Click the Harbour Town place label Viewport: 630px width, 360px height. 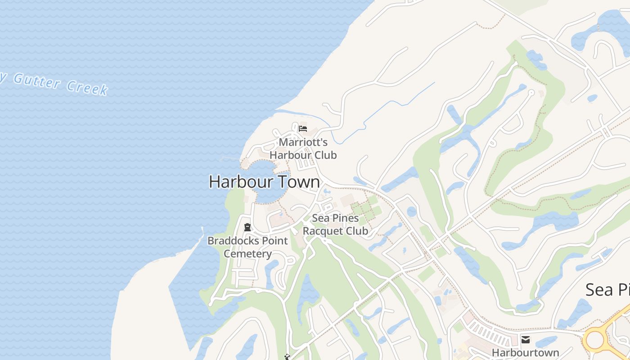pyautogui.click(x=264, y=182)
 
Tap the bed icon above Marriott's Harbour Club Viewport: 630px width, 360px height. pyautogui.click(x=303, y=129)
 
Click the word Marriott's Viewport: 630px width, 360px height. pyautogui.click(x=303, y=143)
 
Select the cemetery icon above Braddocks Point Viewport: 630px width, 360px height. pyautogui.click(x=247, y=227)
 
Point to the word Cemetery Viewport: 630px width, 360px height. pyautogui.click(x=247, y=254)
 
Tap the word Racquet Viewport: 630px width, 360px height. pyautogui.click(x=324, y=231)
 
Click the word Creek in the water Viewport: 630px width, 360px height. pyautogui.click(x=87, y=87)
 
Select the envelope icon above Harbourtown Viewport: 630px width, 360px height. pyautogui.click(x=525, y=339)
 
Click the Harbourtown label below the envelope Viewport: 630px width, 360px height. pyautogui.click(x=525, y=352)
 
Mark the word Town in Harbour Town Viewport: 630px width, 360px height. pyautogui.click(x=299, y=182)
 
